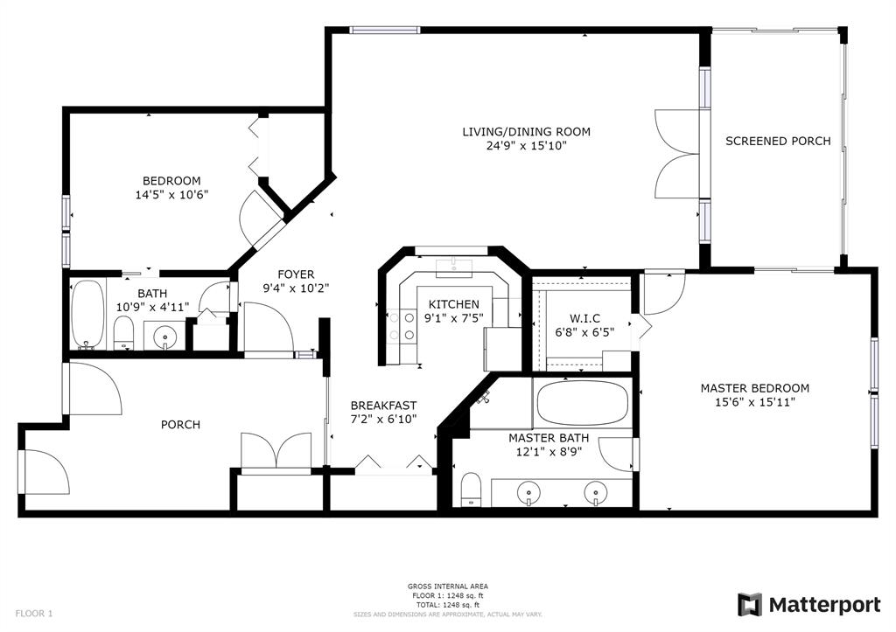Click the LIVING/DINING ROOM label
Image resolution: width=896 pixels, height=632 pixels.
[526, 132]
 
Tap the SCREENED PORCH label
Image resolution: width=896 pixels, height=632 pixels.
[778, 141]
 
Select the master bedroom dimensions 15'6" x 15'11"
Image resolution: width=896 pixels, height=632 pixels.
[754, 402]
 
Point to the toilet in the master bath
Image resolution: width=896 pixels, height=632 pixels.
[471, 490]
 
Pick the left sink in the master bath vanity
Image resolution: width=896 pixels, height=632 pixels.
[529, 493]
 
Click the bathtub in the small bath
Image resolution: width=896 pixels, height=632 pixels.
[87, 313]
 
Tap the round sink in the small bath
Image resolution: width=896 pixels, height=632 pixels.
[163, 335]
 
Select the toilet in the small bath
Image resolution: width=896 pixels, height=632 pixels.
[123, 332]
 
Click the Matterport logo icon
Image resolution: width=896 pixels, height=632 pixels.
[749, 605]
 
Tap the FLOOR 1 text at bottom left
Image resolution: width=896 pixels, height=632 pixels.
[33, 613]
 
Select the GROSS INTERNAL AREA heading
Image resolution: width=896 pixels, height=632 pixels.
[448, 587]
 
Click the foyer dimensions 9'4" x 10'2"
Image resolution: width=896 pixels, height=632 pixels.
[296, 288]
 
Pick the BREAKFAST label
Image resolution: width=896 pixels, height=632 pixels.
[383, 406]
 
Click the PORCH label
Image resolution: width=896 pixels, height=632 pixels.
[180, 425]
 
